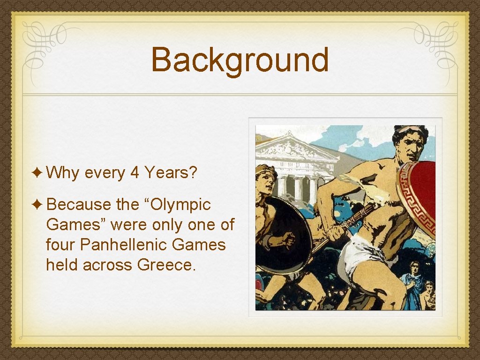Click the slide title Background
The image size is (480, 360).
click(240, 60)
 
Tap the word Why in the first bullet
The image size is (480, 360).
click(63, 173)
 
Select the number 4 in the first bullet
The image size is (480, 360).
click(135, 173)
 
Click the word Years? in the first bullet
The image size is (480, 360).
click(171, 173)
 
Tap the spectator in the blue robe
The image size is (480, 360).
click(413, 286)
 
